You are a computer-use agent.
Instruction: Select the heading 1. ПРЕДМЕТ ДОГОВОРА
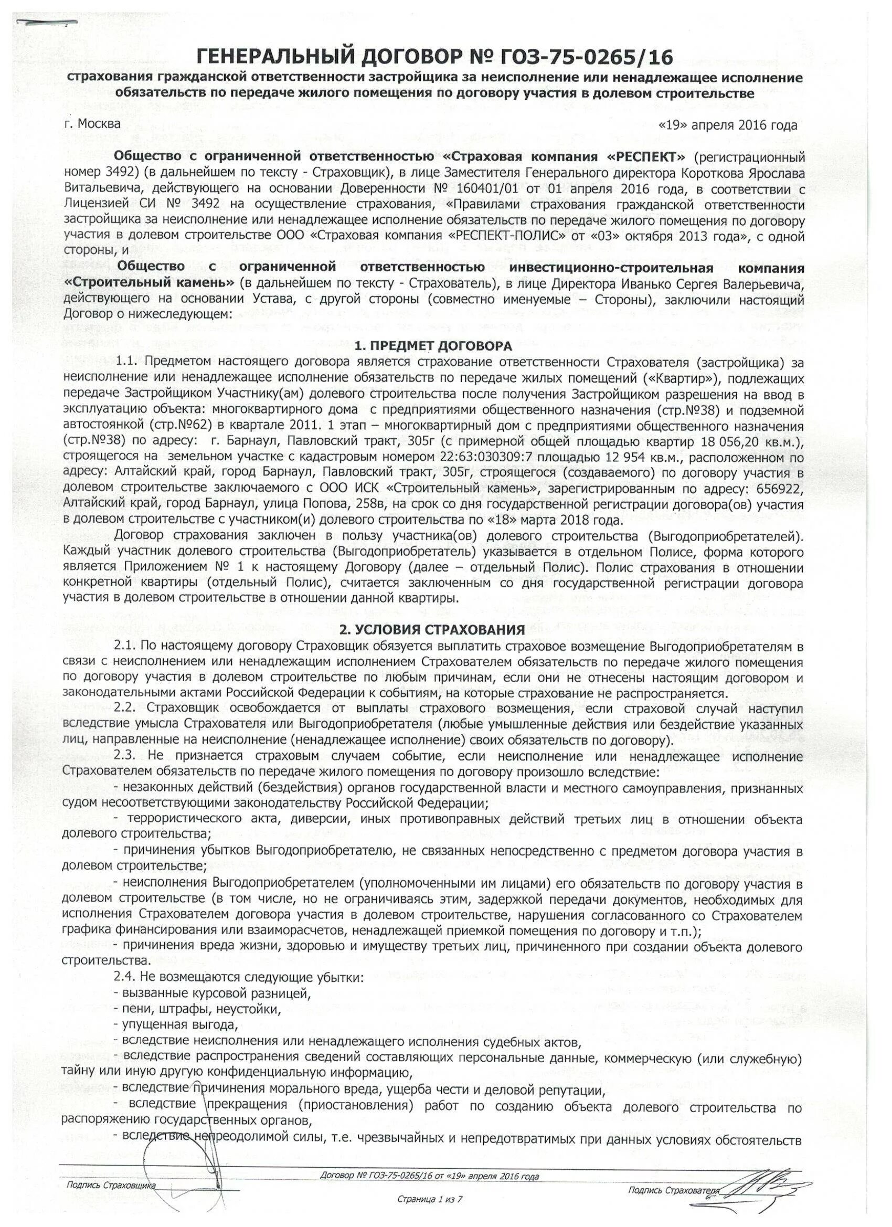[x=432, y=346]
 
